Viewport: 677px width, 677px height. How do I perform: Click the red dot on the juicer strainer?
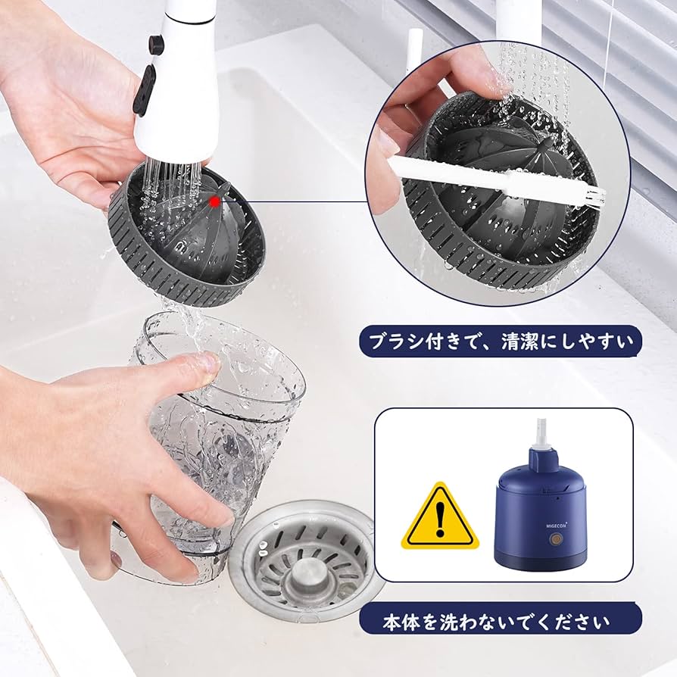pos(215,201)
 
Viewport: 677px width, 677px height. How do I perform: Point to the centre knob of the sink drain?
pos(307,569)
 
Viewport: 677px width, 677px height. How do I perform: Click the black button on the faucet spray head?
pos(145,89)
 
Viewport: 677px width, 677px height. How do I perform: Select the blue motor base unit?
pos(541,515)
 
